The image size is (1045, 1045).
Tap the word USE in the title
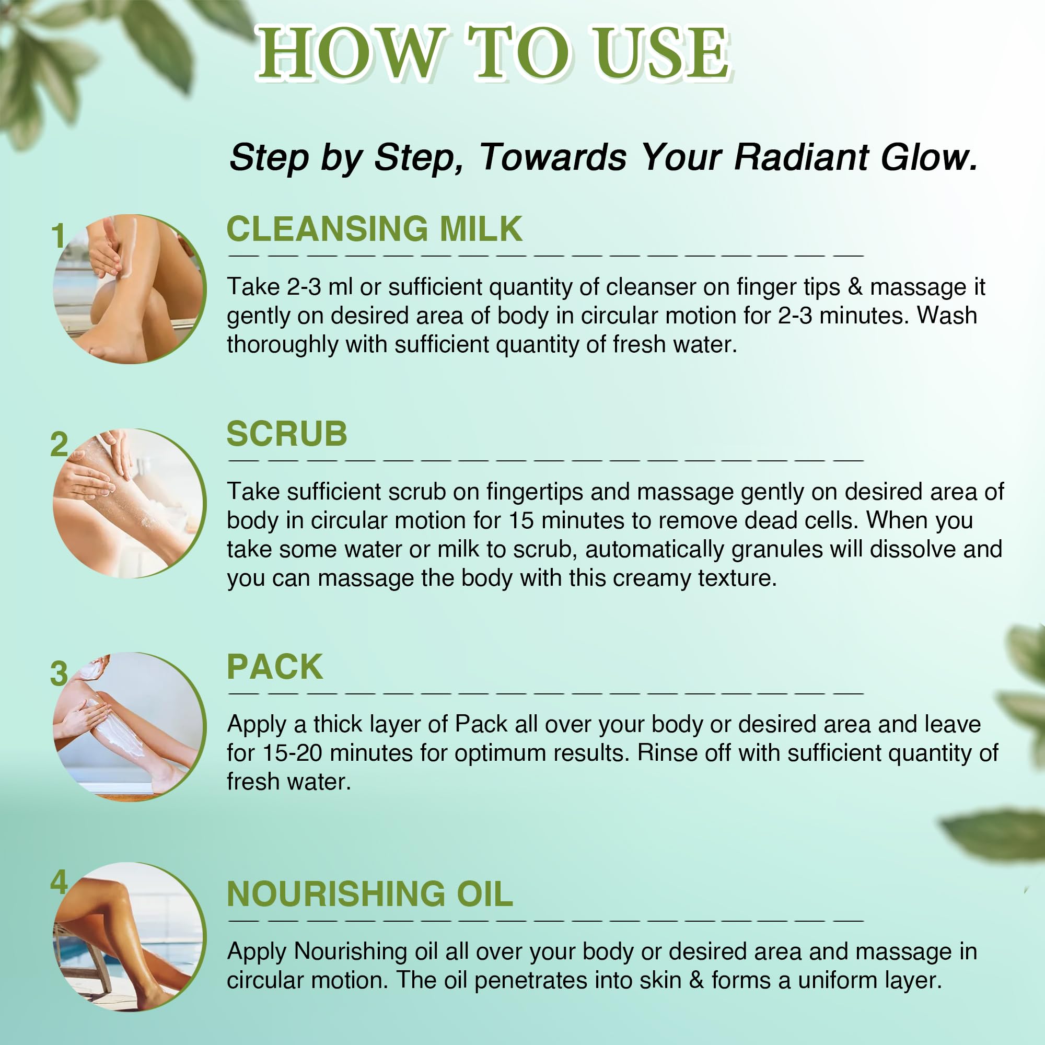[661, 53]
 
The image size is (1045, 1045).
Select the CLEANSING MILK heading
[374, 228]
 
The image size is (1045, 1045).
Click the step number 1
[59, 236]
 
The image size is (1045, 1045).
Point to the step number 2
[59, 444]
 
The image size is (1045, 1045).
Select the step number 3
[59, 674]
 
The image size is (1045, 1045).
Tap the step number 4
[59, 882]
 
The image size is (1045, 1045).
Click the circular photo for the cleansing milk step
[129, 289]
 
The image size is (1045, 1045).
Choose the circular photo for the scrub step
[129, 503]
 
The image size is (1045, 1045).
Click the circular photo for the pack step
[129, 727]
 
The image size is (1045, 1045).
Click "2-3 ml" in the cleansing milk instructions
[320, 287]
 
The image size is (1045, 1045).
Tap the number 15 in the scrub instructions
[521, 520]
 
